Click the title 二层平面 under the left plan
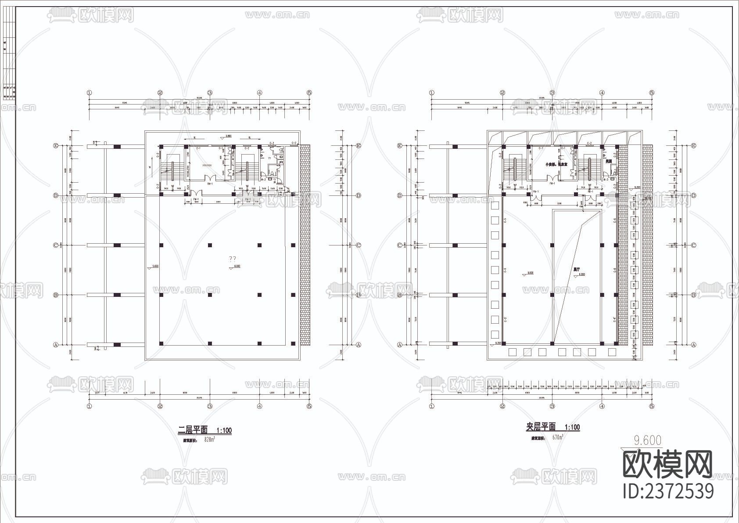click(x=192, y=430)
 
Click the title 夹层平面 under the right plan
click(x=541, y=427)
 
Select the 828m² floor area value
click(x=209, y=440)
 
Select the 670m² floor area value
click(x=557, y=437)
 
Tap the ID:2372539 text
click(x=669, y=491)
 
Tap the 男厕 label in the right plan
click(x=608, y=162)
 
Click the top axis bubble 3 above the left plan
click(x=210, y=93)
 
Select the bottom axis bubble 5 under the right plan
click(x=652, y=406)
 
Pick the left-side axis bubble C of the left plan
click(x=56, y=245)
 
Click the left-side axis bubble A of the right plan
click(x=399, y=345)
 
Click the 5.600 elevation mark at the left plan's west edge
click(x=154, y=267)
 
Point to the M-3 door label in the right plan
click(x=606, y=179)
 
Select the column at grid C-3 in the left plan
click(x=210, y=245)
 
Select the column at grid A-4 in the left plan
click(x=259, y=343)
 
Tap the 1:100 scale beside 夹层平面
click(x=572, y=427)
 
